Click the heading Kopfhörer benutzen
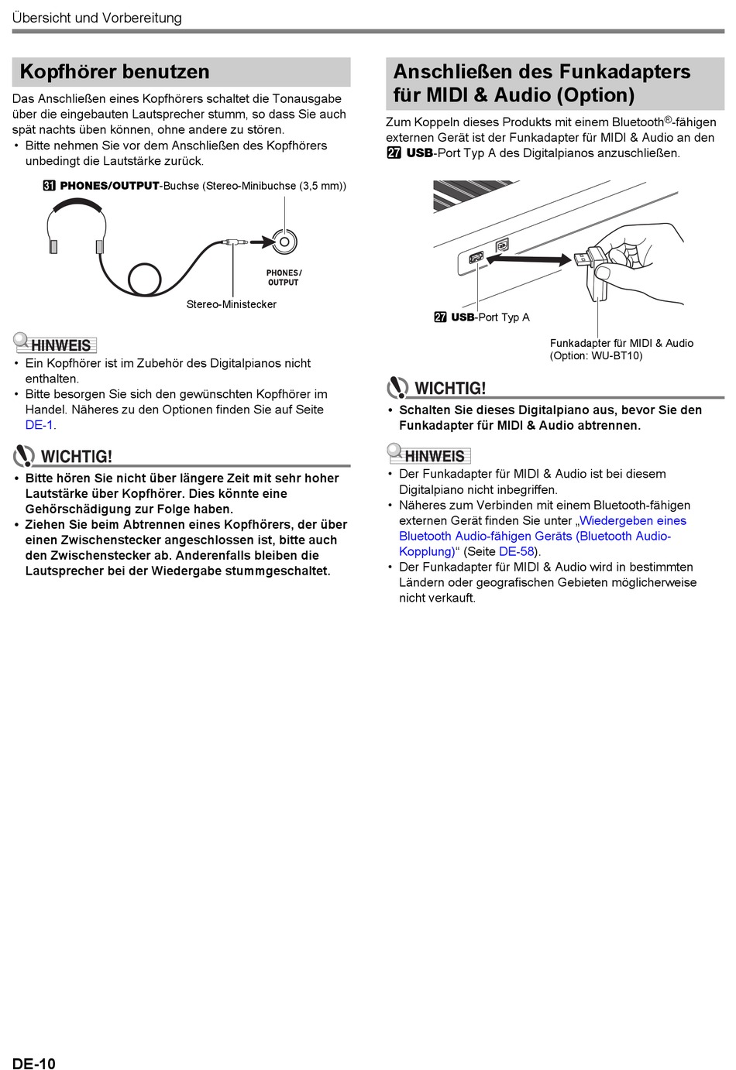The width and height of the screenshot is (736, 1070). pos(115,72)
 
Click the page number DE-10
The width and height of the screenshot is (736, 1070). pos(34,1063)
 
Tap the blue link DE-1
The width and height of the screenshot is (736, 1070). pos(39,425)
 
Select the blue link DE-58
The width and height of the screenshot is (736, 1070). pos(517,551)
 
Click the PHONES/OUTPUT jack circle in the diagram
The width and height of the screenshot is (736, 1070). pos(284,242)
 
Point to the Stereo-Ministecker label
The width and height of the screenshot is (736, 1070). pos(231,304)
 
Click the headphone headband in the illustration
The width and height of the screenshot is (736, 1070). pos(76,202)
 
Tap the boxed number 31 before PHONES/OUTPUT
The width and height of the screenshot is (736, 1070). pos(50,186)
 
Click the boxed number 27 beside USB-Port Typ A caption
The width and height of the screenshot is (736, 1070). pos(440,317)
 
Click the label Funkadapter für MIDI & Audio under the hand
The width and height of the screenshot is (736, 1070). pos(621,343)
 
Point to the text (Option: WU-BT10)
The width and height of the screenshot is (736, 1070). pos(596,356)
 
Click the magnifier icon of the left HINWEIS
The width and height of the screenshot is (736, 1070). pos(21,339)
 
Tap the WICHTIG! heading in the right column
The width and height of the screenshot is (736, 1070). pos(450,388)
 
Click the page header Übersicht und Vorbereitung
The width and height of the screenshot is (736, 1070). pos(97,18)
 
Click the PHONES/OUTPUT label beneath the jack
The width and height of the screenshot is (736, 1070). pos(284,277)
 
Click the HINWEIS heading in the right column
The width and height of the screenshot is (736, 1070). pos(435,456)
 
